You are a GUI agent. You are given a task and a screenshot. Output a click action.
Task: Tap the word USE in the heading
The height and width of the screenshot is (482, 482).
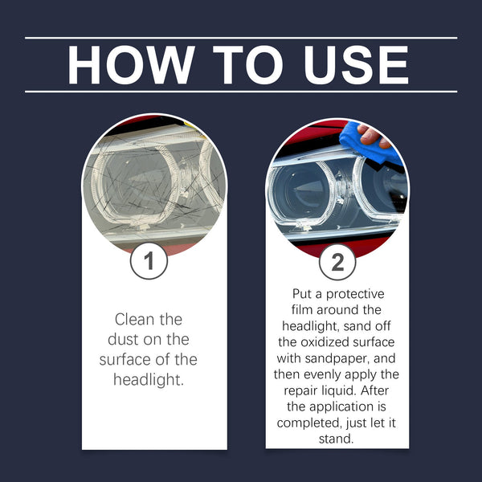pos(347,64)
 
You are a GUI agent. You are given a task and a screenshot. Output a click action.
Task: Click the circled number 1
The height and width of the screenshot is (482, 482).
pos(149,261)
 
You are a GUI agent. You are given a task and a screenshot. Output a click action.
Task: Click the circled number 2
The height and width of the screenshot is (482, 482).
pos(337,261)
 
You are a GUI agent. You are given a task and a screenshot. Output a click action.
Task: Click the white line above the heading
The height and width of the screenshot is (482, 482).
pos(241,38)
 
